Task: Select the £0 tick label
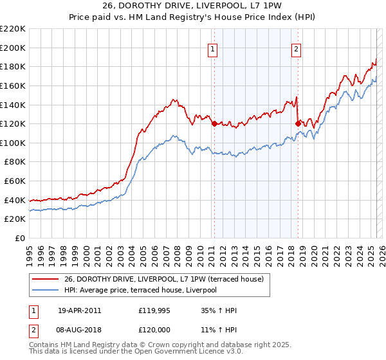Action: (x=20, y=239)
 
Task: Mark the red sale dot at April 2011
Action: (x=214, y=123)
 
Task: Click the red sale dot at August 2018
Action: (x=297, y=123)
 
